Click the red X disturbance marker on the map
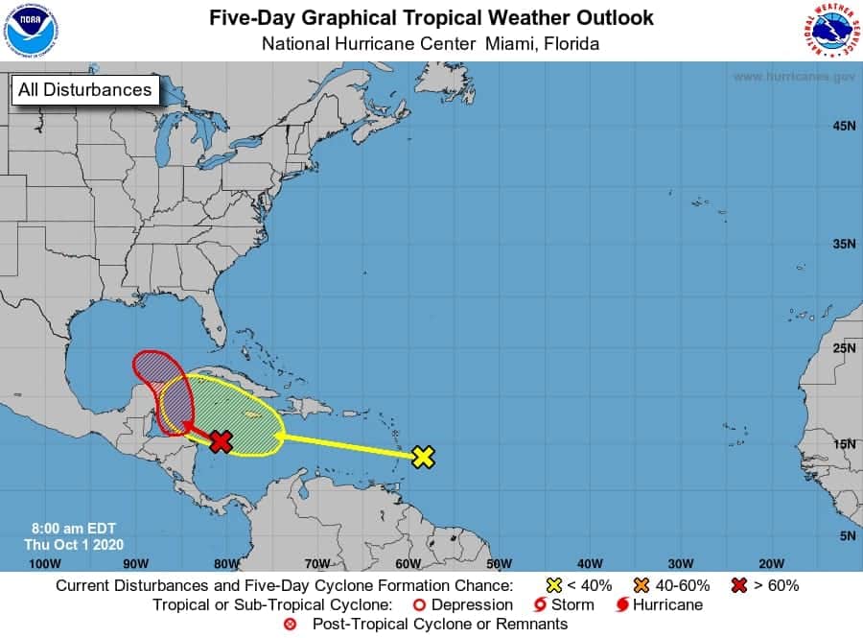222,440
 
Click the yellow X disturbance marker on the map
423,457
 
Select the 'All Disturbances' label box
83,90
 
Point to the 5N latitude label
846,535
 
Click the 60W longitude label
407,563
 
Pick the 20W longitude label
770,563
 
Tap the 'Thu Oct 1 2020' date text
66,544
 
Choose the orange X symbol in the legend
642,585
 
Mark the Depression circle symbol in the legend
418,604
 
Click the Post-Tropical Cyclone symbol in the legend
291,624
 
